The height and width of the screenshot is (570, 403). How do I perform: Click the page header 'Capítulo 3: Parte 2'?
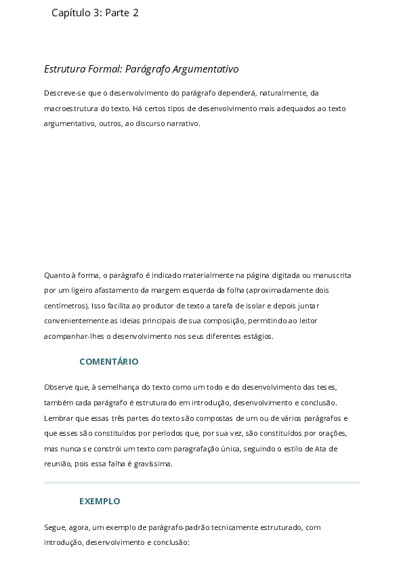coord(95,12)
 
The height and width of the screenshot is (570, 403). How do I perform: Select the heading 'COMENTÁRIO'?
coord(108,362)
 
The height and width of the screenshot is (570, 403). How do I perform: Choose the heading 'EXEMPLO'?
coord(100,502)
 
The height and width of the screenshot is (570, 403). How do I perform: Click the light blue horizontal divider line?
coord(201,483)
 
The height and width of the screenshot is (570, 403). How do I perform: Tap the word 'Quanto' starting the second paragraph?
coord(57,275)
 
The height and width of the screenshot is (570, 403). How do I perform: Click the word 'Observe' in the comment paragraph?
coord(58,387)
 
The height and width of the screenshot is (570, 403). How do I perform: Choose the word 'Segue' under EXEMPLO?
coord(55,527)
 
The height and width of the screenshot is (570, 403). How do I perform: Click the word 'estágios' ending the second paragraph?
coord(257,336)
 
